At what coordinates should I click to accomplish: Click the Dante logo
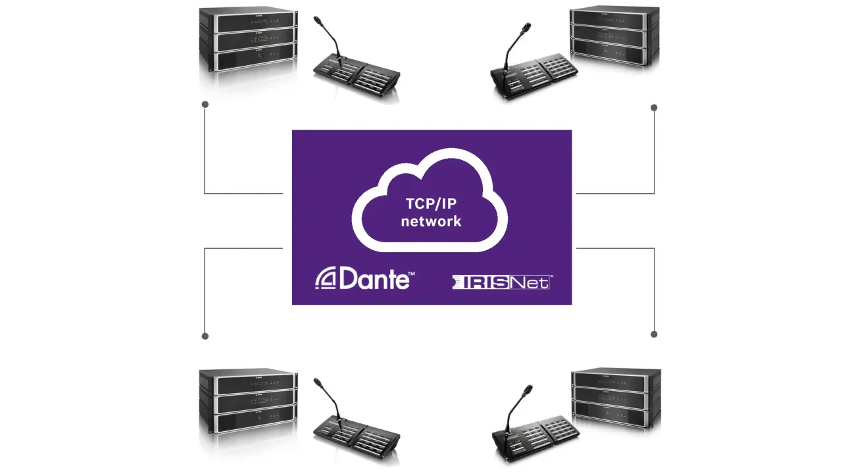click(364, 279)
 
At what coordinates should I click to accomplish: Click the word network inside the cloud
click(431, 221)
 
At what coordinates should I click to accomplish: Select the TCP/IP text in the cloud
click(431, 203)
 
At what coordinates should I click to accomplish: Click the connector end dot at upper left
click(205, 104)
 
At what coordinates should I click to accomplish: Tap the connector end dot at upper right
click(654, 107)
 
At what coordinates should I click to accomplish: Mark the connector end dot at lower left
click(205, 336)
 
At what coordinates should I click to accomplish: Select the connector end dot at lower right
click(654, 334)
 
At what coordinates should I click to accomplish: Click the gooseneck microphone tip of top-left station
click(316, 20)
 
